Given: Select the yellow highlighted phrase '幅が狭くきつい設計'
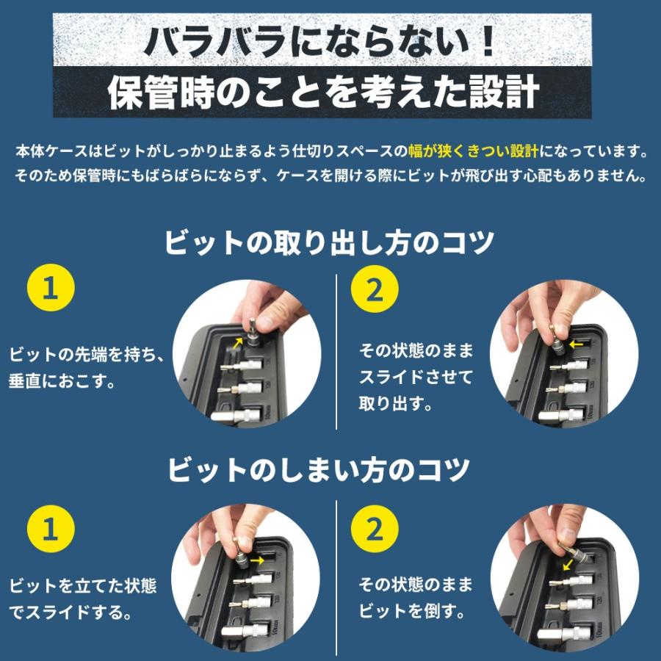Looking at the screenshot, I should point(474,152).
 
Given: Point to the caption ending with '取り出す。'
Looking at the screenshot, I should point(416,378).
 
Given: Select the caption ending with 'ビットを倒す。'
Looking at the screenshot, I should point(416,598).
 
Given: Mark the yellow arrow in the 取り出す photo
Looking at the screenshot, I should point(577,342).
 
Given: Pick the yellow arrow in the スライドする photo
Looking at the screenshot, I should point(256,560).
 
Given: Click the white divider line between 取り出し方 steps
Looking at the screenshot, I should point(336,353).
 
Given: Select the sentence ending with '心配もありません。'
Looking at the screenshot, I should point(330,177).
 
